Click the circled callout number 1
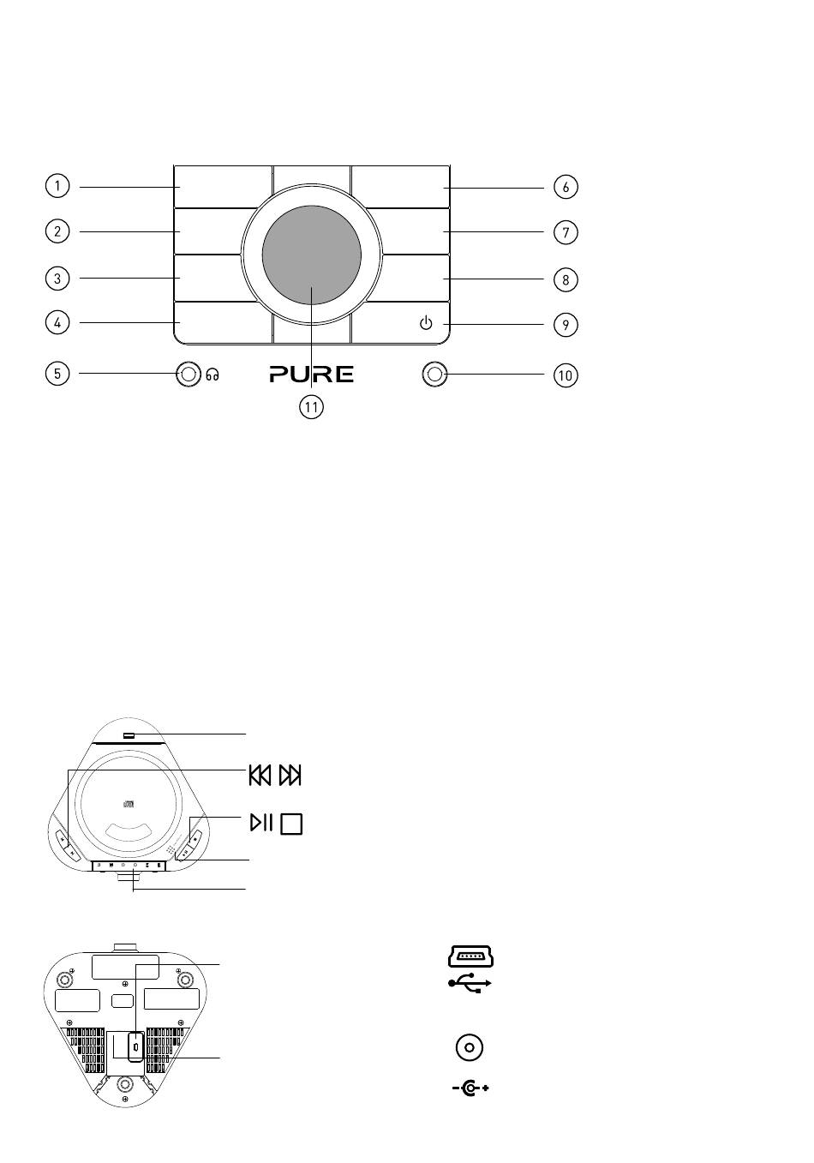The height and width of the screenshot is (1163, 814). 57,186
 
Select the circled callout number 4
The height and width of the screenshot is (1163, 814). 57,322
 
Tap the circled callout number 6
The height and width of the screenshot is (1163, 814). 566,187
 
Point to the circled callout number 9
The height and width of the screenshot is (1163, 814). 566,325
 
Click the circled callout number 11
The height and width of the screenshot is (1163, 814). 312,407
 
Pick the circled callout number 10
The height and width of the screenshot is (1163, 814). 566,375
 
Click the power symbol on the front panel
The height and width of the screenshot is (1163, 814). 426,323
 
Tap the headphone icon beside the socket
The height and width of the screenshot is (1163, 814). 212,375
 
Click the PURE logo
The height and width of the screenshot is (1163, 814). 312,374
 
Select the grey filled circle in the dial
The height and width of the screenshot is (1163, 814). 312,255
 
